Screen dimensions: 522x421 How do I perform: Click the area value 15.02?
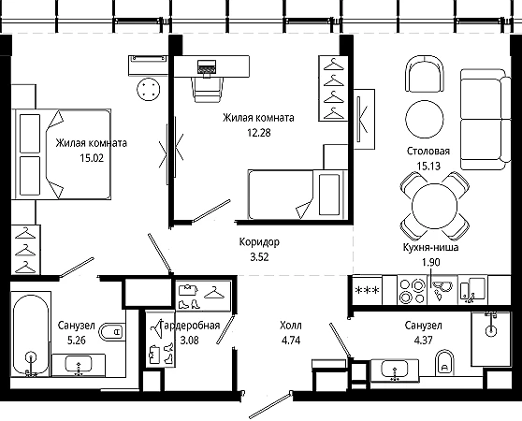tap(92, 158)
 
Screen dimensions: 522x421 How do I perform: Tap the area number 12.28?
tap(259, 133)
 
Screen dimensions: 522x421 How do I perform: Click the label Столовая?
tap(428, 152)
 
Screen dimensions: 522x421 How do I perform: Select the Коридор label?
tap(259, 242)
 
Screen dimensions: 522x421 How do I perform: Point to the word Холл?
tap(291, 326)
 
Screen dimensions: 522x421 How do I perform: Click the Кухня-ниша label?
tap(430, 247)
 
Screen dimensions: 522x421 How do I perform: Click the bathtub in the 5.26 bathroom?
tap(31, 335)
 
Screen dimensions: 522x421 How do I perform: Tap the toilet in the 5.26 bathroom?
tap(112, 331)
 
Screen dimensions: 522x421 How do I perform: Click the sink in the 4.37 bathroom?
tap(395, 370)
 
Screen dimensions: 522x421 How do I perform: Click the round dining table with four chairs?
tap(435, 205)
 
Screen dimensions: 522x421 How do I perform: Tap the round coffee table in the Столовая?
tap(425, 119)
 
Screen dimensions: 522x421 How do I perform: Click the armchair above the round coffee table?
tap(425, 74)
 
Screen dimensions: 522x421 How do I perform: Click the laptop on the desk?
tap(207, 67)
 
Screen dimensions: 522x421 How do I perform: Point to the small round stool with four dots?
tap(149, 89)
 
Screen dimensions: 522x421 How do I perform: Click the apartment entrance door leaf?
tap(270, 405)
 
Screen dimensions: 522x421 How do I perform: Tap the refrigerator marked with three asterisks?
tap(368, 291)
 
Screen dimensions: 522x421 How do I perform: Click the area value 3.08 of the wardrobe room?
tap(189, 341)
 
